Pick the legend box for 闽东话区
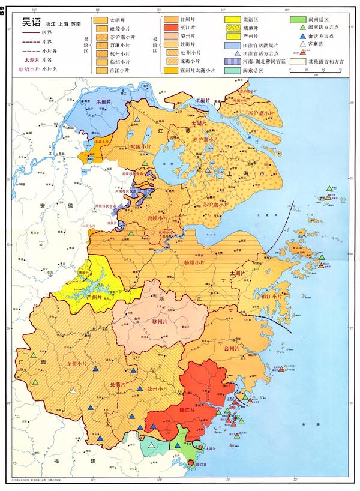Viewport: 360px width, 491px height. [232, 70]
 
